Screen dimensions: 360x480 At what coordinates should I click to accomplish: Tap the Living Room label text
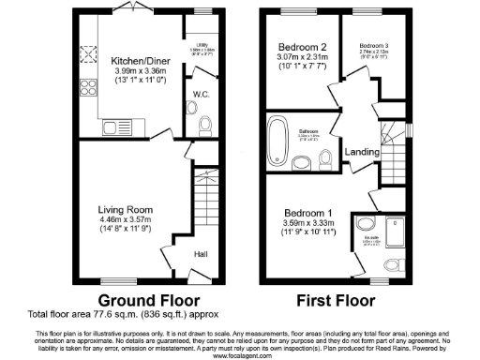[126, 211]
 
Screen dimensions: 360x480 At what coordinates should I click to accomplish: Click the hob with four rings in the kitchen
[93, 56]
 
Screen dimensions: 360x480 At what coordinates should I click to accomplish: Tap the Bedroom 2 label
[301, 46]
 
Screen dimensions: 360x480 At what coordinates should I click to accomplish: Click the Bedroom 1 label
[308, 211]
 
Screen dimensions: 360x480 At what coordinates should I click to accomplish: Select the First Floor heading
[336, 301]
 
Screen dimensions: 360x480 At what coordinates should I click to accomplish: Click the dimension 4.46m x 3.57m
[126, 222]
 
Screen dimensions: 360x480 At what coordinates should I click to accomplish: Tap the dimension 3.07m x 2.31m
[301, 57]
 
